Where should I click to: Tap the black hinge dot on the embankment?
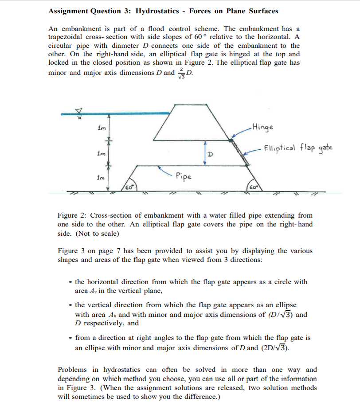[x=231, y=141]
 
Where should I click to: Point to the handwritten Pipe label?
[x=183, y=176]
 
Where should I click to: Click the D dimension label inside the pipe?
[x=211, y=155]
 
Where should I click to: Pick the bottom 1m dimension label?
[x=101, y=178]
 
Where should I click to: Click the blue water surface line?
[x=115, y=113]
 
